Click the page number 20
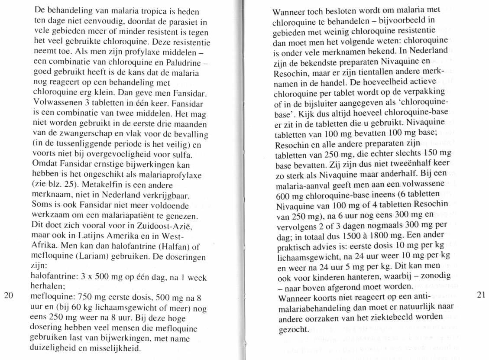[x=9, y=296]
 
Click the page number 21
[x=480, y=295]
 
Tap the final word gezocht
[x=293, y=329]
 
